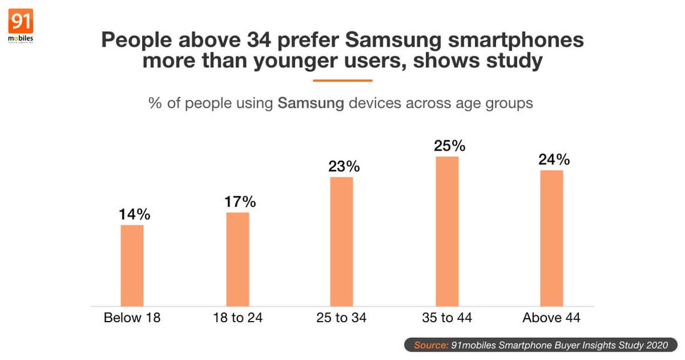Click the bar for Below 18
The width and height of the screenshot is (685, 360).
tap(132, 266)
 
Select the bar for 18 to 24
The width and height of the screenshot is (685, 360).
tap(238, 259)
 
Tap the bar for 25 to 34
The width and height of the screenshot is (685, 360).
tap(342, 242)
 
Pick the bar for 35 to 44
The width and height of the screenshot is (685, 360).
tap(447, 232)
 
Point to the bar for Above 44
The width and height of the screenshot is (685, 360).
tap(551, 238)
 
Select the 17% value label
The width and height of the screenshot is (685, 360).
tap(241, 202)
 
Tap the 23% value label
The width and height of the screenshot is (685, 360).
tap(344, 166)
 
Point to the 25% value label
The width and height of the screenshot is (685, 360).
tap(449, 146)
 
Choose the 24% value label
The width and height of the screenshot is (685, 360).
tap(554, 160)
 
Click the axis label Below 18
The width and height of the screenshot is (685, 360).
tap(132, 318)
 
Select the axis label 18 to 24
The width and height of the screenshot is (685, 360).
tap(238, 318)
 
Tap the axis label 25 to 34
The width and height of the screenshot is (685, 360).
tap(342, 318)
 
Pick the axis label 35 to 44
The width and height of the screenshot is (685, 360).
tap(447, 318)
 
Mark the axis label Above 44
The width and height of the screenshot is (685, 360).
tap(551, 318)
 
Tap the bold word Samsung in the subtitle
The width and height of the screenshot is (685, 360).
tap(311, 103)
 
